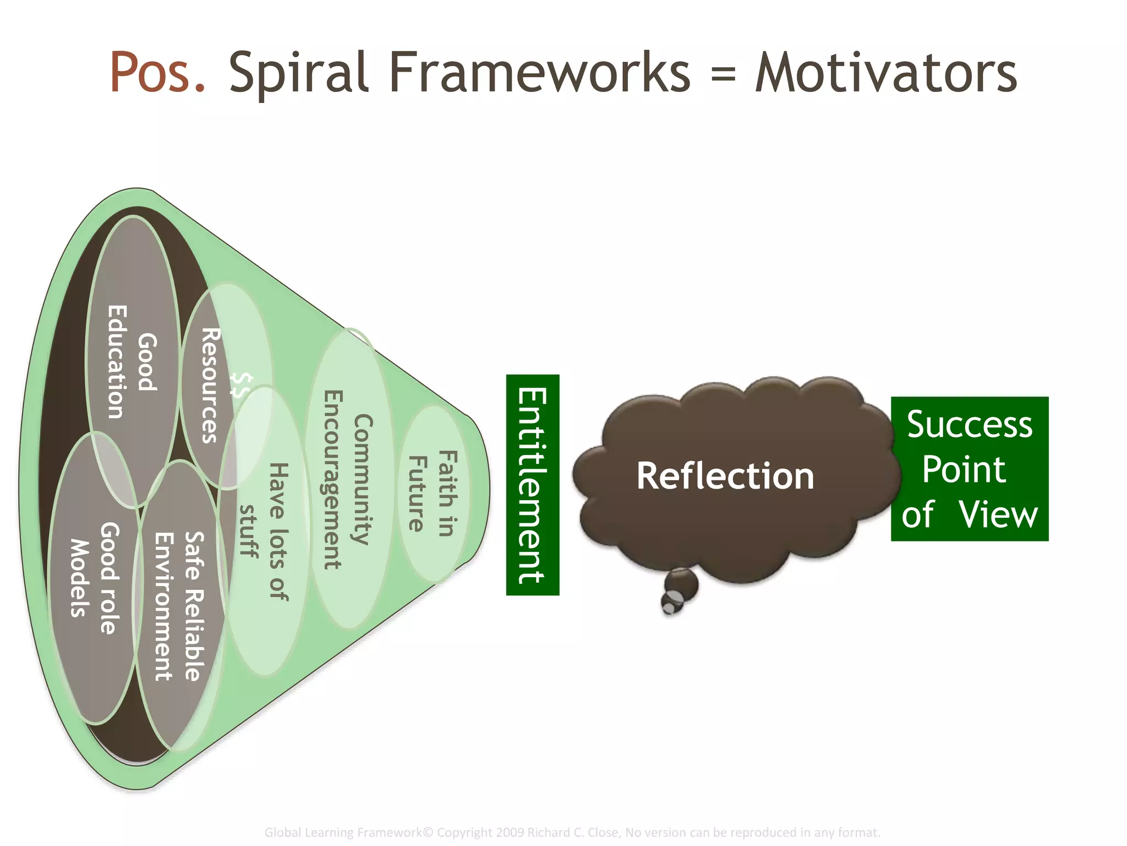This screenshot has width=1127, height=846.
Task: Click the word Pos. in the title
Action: (x=157, y=72)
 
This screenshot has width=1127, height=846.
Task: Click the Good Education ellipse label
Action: (x=132, y=362)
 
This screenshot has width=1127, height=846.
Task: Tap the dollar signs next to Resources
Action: (x=241, y=385)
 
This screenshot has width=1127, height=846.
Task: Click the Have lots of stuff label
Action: (x=264, y=532)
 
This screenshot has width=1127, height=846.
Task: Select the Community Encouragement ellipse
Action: (x=348, y=479)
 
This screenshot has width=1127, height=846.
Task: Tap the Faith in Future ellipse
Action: (x=433, y=493)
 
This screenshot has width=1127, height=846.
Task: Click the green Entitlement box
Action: (x=532, y=485)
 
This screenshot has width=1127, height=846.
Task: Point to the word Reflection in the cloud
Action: (x=725, y=476)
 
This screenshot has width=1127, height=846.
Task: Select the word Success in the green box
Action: (x=969, y=425)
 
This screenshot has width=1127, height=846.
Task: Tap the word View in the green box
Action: (x=998, y=514)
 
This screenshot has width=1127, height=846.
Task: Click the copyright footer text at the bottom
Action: (x=572, y=832)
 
